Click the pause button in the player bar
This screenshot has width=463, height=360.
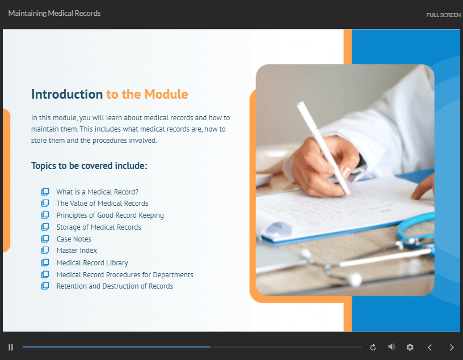[x=11, y=348]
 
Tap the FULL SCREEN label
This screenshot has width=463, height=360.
[x=443, y=15]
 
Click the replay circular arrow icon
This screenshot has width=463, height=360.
[x=373, y=348]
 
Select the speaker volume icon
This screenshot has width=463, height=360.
[x=392, y=347]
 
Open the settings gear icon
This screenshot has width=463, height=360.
[x=410, y=348]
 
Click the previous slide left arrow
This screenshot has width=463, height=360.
[x=430, y=348]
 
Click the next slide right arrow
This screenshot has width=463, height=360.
[x=452, y=348]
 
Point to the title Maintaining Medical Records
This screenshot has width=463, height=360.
[x=54, y=13]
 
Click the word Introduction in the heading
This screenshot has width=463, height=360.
[x=67, y=94]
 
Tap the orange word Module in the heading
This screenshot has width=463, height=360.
[x=166, y=94]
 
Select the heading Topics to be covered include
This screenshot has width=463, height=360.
[x=89, y=166]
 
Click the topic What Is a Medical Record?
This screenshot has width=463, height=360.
[x=98, y=192]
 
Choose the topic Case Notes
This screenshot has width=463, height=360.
[x=74, y=239]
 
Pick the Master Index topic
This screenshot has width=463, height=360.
[x=77, y=250]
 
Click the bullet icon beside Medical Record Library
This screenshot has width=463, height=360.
[x=45, y=262]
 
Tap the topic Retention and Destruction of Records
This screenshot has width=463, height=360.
[x=115, y=286]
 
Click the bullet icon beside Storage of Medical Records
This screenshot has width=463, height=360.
[x=45, y=227]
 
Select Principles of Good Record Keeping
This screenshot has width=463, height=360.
[x=110, y=215]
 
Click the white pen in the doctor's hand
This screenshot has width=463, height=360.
[x=323, y=148]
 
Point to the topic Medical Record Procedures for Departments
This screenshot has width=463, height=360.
[x=125, y=275]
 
